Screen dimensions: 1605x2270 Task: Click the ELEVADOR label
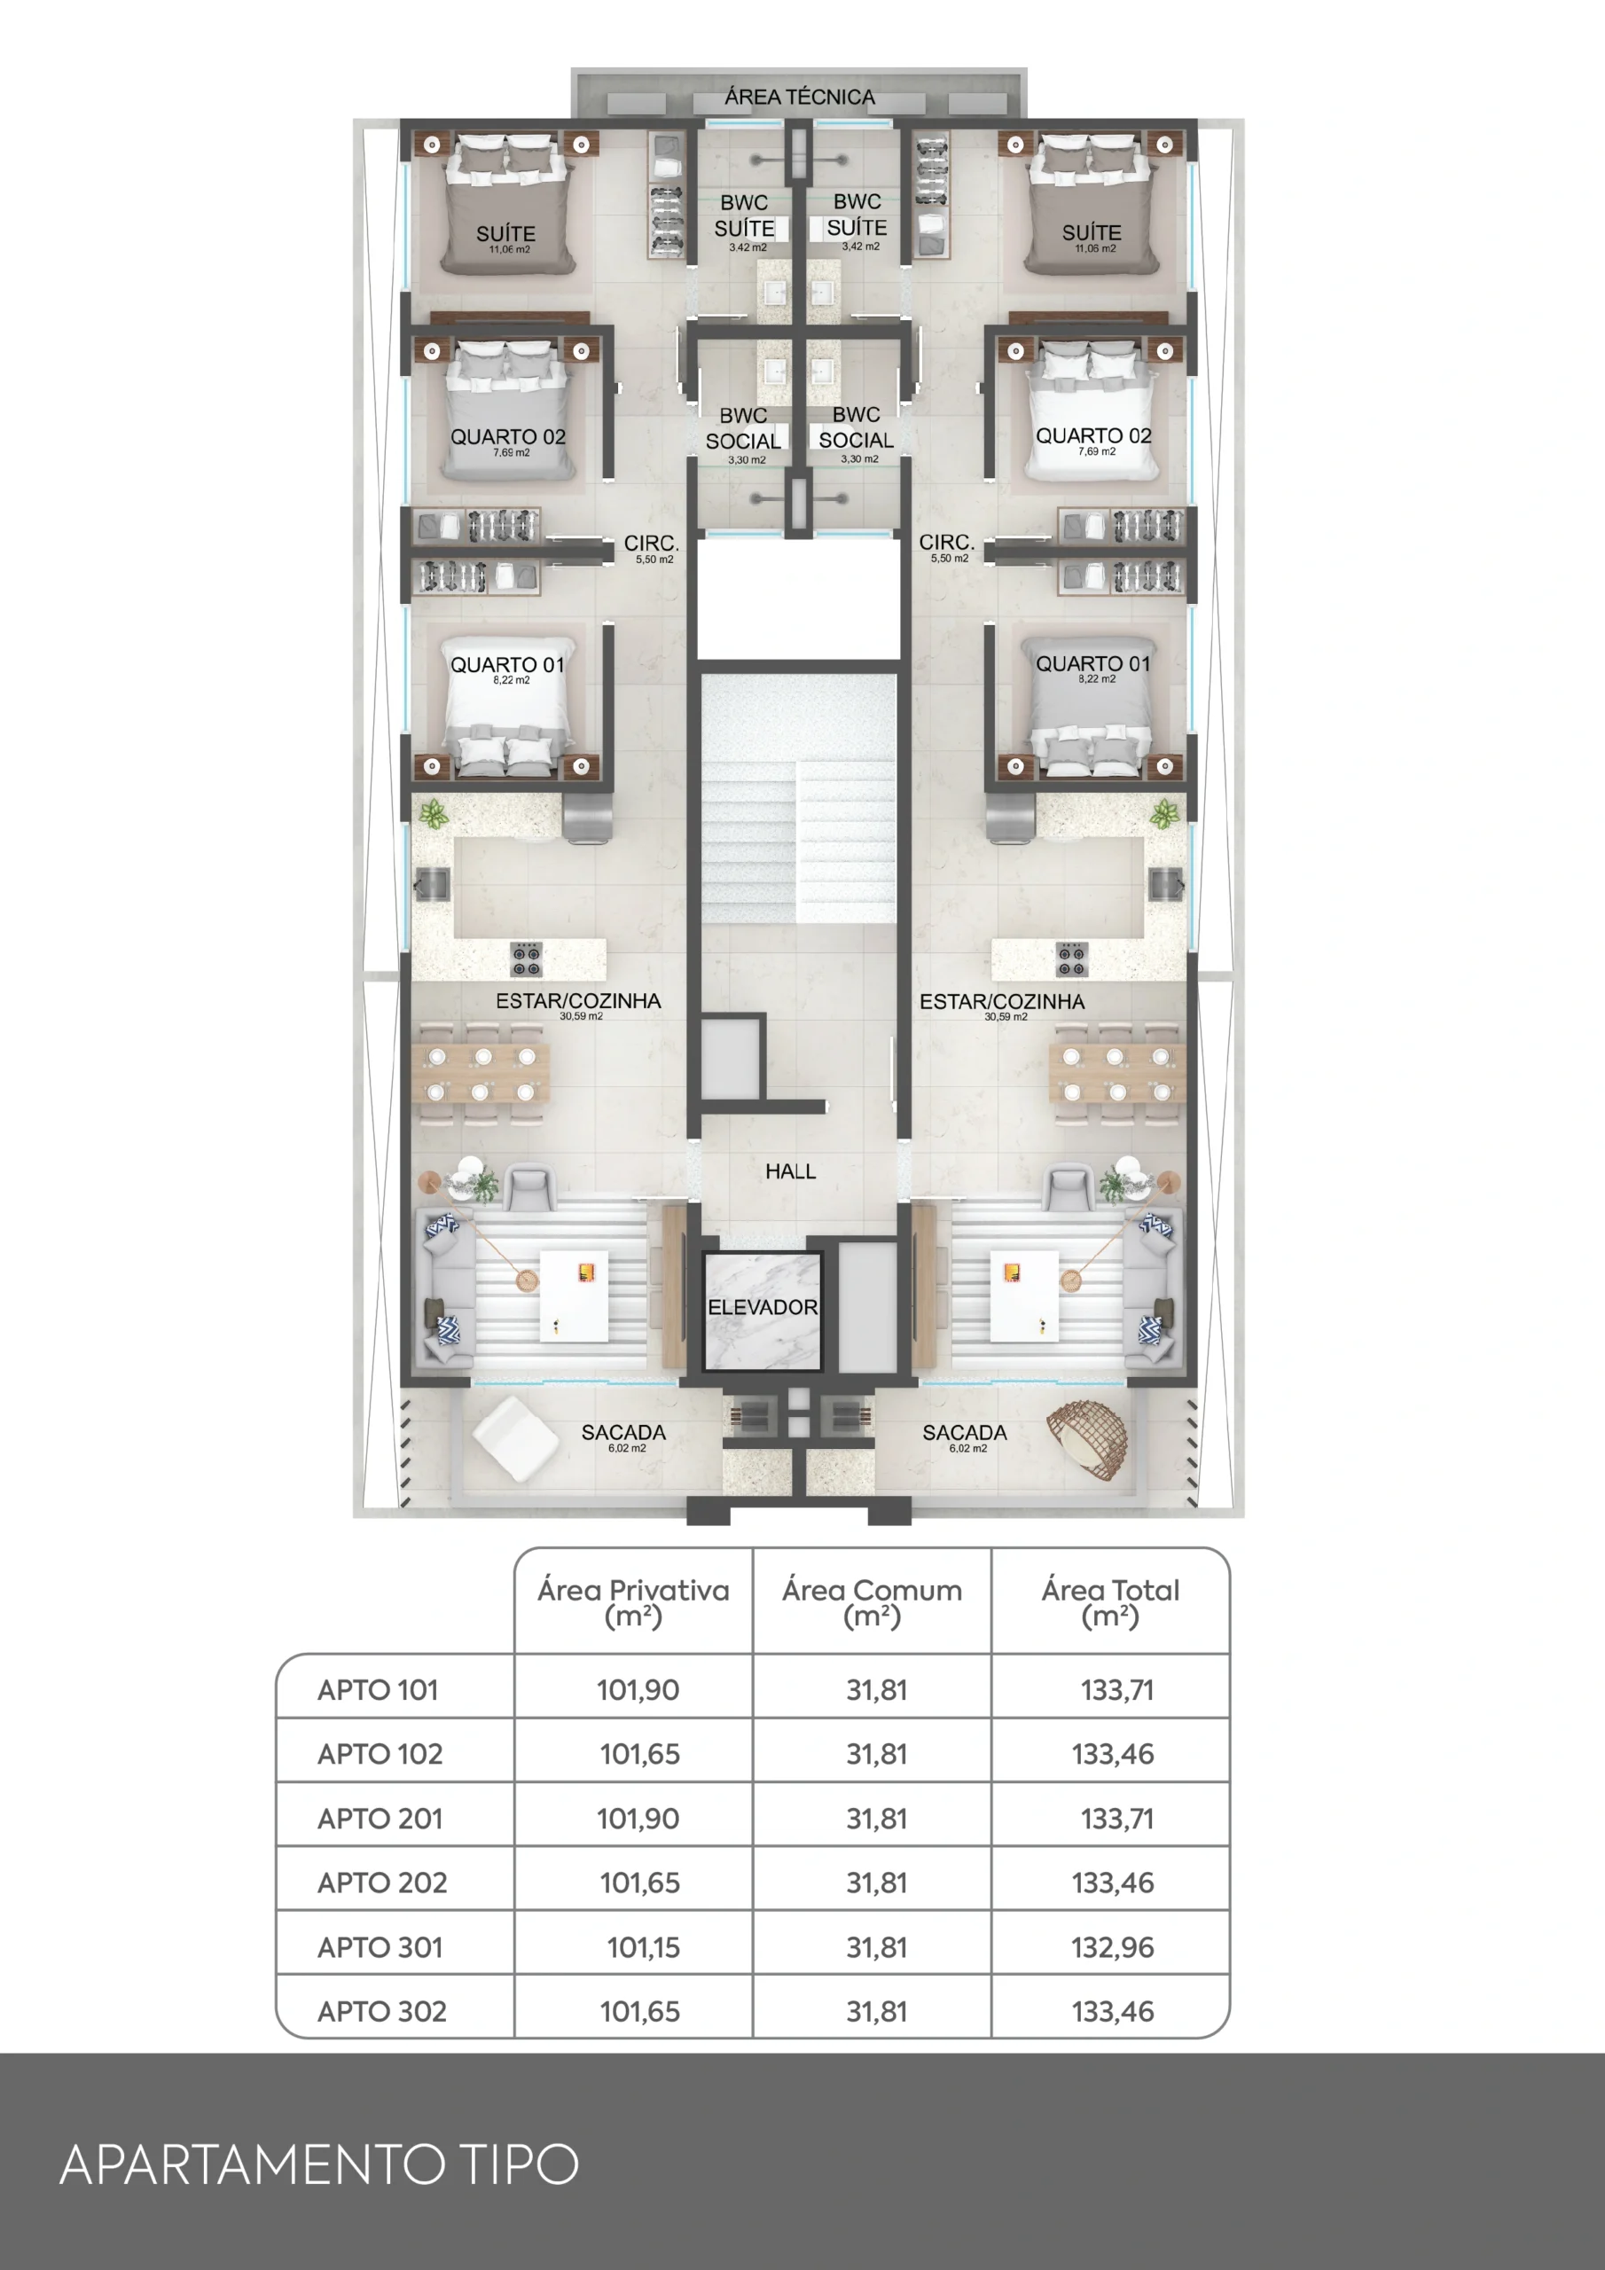pos(763,1307)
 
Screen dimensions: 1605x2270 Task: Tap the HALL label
pos(790,1171)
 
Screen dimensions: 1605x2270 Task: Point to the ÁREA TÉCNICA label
pos(799,97)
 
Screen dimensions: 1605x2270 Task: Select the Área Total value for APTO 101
pos(1116,1690)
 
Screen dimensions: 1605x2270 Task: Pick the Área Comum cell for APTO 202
pos(876,1883)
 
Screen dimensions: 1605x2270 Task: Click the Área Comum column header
pos(872,1602)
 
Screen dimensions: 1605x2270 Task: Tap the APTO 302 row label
pos(381,2011)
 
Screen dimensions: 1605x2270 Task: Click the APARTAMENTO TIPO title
pos(318,2164)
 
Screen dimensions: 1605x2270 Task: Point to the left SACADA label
pos(623,1433)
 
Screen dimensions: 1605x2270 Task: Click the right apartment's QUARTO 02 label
pos(1092,436)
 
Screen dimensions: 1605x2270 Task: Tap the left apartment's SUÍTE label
pos(505,233)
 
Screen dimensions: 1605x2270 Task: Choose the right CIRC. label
pos(946,543)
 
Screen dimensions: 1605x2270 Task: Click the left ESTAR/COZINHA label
pos(578,1001)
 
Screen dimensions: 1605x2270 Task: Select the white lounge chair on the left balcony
pos(514,1438)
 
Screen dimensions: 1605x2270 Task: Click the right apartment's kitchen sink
pos(1166,883)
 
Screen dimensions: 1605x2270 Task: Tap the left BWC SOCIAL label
pos(743,428)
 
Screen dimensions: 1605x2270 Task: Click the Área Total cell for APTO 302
pos(1113,2011)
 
